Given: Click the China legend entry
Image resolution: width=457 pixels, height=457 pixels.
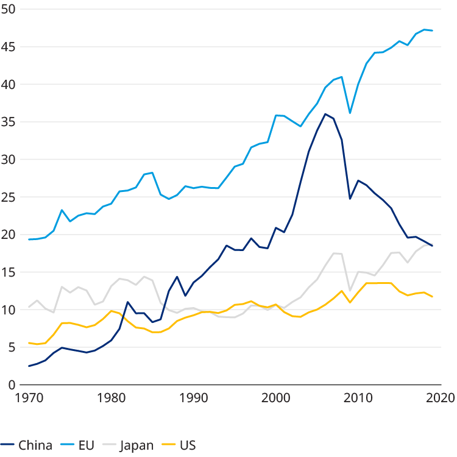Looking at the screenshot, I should point(28,444).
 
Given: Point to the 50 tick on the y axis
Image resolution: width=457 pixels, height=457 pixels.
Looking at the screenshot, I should point(13,9).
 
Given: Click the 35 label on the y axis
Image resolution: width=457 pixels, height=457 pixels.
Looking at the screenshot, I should point(13,122).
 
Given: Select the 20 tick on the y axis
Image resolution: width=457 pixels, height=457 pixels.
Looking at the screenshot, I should point(13,235).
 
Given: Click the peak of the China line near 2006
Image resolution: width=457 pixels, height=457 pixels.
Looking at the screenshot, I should point(325,113).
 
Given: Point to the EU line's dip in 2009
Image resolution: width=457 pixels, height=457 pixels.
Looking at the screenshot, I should point(350,113).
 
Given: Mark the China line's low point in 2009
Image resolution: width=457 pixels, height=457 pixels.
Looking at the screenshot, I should point(350,199).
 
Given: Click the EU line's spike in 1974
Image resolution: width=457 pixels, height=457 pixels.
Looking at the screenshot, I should point(62,210).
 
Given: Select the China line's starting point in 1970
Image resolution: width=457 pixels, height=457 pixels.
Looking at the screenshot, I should point(29,366).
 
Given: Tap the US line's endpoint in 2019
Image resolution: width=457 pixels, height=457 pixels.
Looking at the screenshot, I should point(432,297).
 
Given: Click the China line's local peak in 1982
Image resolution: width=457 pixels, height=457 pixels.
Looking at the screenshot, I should point(128,302).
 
